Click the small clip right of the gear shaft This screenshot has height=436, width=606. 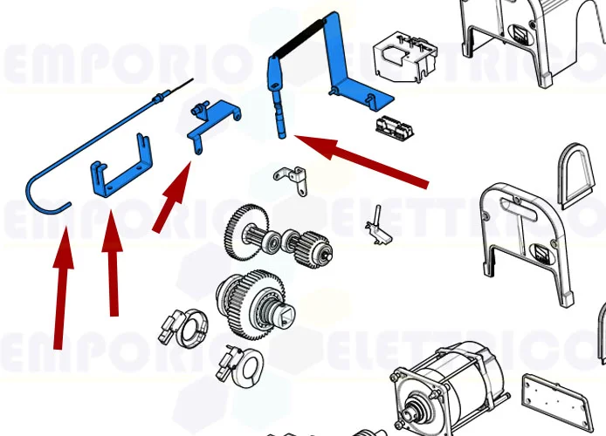tap(377, 224)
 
